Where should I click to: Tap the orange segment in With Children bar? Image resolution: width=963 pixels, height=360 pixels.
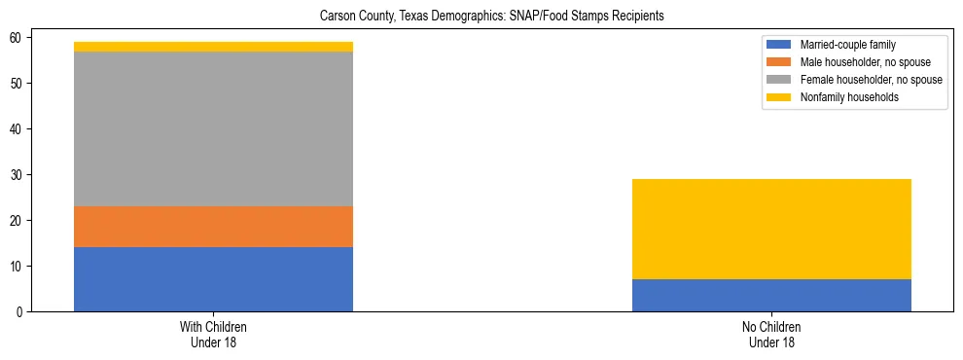(x=213, y=227)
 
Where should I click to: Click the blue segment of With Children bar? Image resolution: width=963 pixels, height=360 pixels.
(x=213, y=279)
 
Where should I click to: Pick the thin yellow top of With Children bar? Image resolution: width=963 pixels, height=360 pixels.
(x=213, y=47)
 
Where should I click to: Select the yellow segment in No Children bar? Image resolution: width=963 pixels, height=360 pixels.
(x=771, y=229)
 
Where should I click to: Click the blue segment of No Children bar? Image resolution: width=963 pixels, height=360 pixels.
(x=771, y=295)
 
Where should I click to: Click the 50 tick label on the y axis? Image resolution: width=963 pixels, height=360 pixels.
(x=20, y=84)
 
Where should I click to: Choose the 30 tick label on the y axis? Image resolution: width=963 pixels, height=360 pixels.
(x=20, y=175)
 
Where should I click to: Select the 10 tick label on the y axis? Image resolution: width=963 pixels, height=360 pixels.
(x=20, y=267)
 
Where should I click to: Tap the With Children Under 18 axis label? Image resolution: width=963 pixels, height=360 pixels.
(x=213, y=335)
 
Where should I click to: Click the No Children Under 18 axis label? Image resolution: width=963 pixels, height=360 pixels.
(x=771, y=335)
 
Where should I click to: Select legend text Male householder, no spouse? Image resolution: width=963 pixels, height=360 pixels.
(x=866, y=62)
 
